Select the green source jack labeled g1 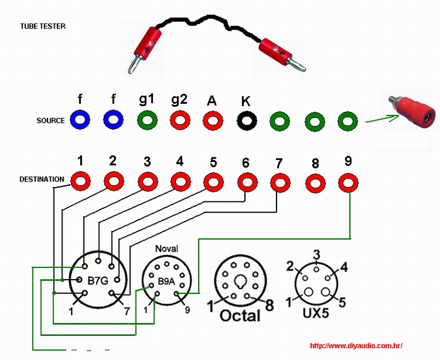[146, 120]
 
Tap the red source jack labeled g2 [180, 120]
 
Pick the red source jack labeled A [213, 120]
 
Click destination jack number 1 [80, 182]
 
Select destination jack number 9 [348, 183]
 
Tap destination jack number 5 [214, 182]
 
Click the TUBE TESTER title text [43, 27]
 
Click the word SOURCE [51, 120]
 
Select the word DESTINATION [42, 180]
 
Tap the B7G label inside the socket [98, 281]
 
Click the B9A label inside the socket [165, 281]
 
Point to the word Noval [166, 248]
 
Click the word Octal [240, 315]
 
